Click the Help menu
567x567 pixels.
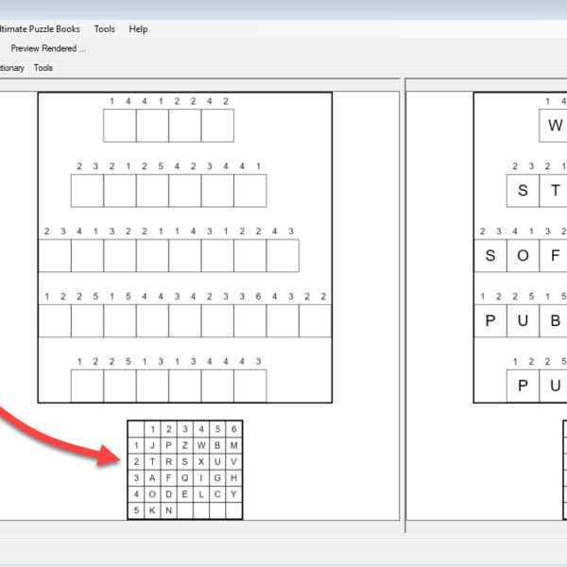(138, 29)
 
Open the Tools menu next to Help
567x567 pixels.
(105, 29)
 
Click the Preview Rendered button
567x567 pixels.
(48, 48)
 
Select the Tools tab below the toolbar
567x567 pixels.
(43, 68)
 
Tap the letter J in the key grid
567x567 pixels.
(152, 445)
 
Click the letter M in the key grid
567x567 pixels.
(234, 445)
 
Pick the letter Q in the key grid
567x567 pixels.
(185, 478)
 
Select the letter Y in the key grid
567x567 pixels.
(234, 494)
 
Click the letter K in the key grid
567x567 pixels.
(152, 510)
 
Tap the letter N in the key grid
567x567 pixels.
(168, 510)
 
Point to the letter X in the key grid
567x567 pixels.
(201, 462)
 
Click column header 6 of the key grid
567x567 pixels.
(234, 429)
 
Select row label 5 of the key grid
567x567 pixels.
(136, 510)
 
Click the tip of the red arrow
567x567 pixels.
(120, 460)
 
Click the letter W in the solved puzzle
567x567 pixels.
(555, 126)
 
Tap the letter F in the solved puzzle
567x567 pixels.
(555, 256)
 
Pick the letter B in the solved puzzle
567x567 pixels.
(555, 320)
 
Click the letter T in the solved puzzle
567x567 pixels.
(555, 191)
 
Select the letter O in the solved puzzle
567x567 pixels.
(523, 256)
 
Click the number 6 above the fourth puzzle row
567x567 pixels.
(258, 297)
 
